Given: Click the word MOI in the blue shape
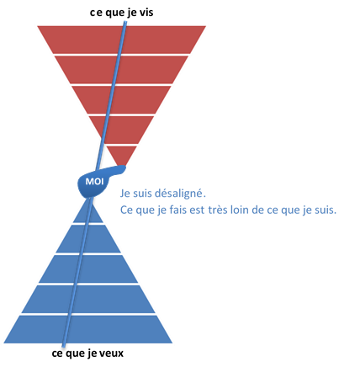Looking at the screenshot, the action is (94, 182).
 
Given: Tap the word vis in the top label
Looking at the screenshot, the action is (146, 13).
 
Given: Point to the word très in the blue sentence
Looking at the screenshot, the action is (218, 210).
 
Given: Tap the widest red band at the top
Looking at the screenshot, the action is (122, 40).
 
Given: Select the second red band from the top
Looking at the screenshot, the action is (121, 70).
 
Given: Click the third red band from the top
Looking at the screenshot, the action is (121, 100).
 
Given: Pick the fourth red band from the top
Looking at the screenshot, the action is (121, 130).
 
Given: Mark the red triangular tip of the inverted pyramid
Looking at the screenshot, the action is (121, 155).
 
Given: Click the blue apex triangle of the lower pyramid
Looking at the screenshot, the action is (88, 212).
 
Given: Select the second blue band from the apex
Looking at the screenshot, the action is (88, 239).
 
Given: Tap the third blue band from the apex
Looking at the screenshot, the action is (88, 269).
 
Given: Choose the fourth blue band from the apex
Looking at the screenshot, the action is (88, 299).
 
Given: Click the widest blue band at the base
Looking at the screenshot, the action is (88, 329).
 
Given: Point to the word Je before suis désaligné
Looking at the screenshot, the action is (124, 194).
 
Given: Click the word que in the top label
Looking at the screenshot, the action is (114, 13).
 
